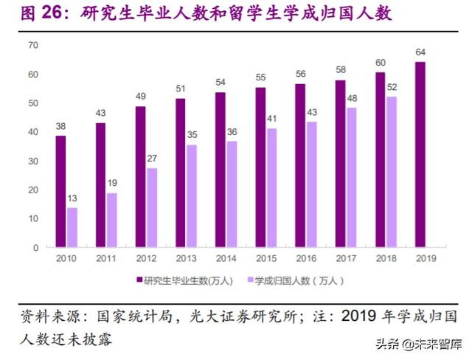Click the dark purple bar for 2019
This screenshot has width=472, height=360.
point(420,155)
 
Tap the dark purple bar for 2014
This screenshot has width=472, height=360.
point(221,170)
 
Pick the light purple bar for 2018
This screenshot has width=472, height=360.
point(391,172)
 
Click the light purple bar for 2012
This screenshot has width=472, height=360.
point(152,208)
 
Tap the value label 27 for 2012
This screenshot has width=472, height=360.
point(152,158)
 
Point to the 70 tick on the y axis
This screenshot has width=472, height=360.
point(32,46)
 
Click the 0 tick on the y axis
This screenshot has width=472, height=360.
point(35,248)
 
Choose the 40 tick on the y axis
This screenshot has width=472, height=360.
point(32,132)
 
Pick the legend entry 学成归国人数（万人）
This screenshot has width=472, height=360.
point(295,280)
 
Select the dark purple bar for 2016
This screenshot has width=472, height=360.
point(300,166)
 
